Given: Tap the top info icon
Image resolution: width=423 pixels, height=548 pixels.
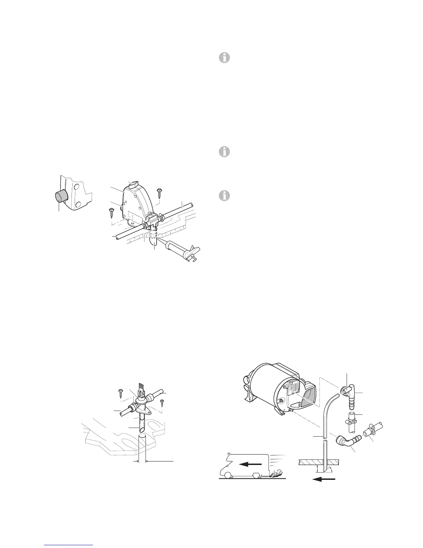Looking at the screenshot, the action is click(224, 58).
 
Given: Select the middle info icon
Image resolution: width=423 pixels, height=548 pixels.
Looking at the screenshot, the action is click(224, 152).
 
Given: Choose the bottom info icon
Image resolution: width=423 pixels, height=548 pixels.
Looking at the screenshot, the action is click(224, 196).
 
